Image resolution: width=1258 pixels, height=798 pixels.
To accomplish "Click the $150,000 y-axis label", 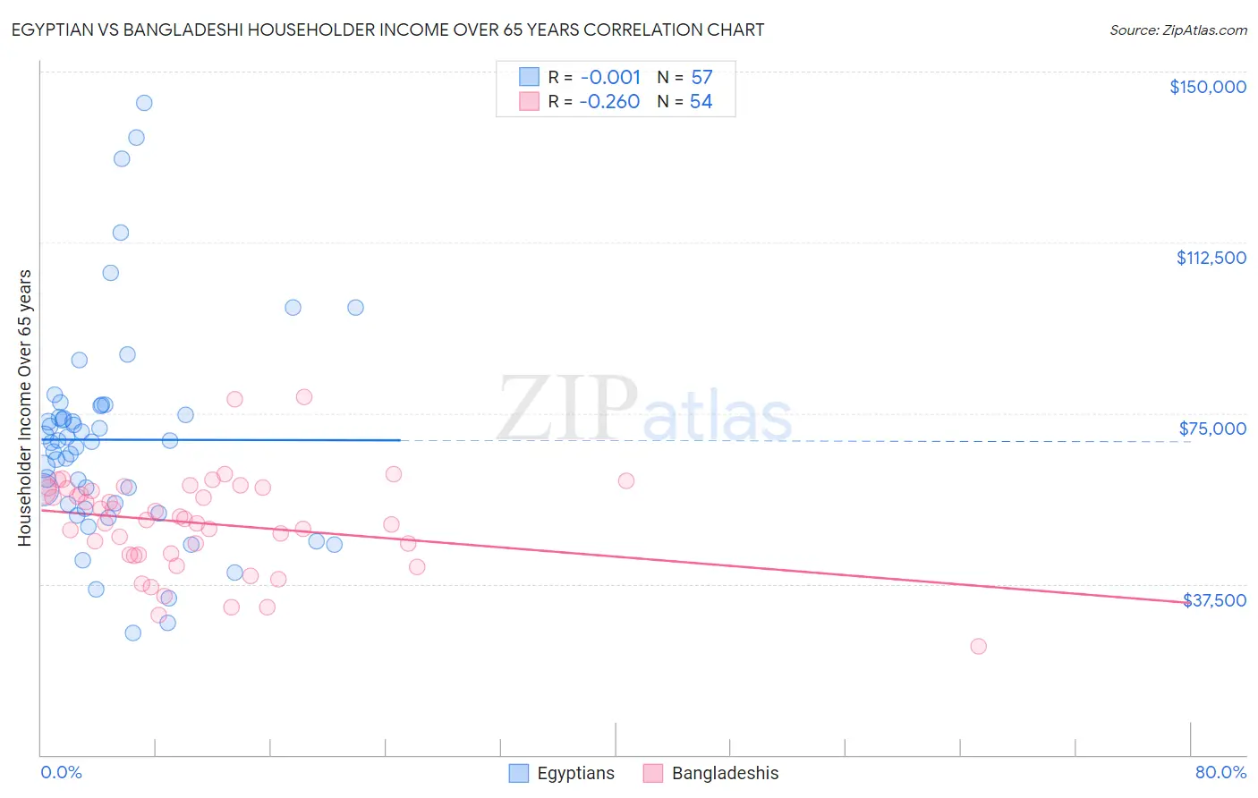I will pos(1207,87).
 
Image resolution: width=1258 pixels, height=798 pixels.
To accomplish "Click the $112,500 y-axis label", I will pos(1211,258).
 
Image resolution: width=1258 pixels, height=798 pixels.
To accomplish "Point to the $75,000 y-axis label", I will pos(1212,429).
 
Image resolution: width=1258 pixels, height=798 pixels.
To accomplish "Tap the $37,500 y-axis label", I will pos(1214,600).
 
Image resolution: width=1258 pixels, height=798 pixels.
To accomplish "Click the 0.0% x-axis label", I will pos(61,772).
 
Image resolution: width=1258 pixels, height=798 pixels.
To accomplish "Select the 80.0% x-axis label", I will pos(1220,772).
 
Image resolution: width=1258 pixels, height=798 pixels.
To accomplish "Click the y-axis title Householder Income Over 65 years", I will pos(24,408).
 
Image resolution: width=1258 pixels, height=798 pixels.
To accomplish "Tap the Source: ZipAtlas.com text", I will pos(1177,30).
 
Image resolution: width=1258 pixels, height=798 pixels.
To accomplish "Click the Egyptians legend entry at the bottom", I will pos(575,773).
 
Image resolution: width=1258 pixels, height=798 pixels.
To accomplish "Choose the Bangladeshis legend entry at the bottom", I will pos(725,773).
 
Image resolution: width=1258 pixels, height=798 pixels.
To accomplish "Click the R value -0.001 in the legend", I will pos(610,77).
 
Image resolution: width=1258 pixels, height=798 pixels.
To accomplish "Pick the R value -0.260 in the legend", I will pos(609,101).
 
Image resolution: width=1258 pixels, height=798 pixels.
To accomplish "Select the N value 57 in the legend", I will pos(701,77).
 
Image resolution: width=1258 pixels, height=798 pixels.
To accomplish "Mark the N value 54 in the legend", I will pos(701,101).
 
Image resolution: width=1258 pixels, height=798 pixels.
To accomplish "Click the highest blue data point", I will pos(144,103).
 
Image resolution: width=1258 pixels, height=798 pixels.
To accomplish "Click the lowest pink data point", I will pos(978,646).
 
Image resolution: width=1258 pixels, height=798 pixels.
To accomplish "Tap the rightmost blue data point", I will pos(355,308).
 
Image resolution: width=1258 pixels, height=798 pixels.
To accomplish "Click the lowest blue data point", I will pos(133,632).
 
